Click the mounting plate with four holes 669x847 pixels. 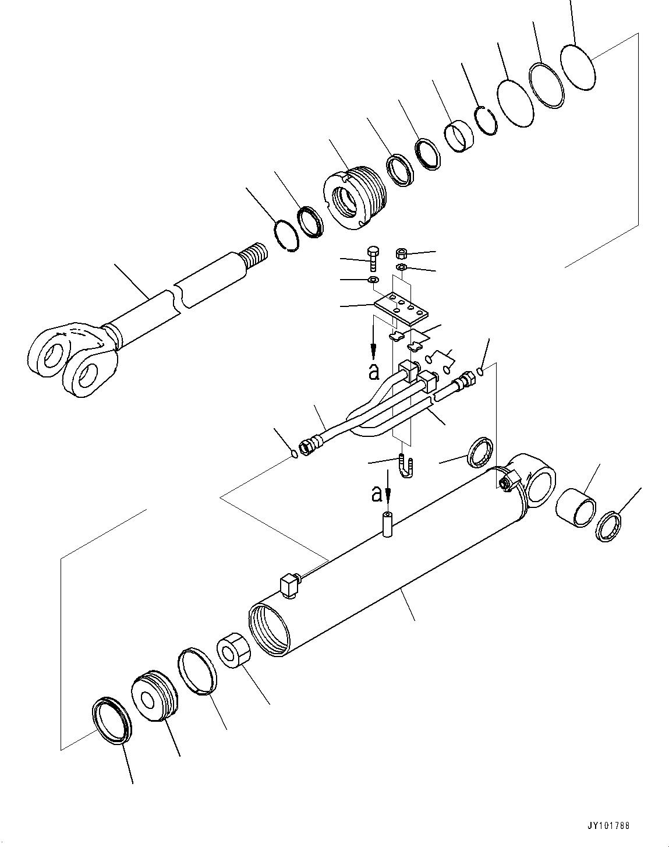coord(401,308)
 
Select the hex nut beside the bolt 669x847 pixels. coord(401,253)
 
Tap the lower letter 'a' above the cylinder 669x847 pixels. coord(377,494)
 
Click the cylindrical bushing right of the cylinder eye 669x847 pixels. coord(575,504)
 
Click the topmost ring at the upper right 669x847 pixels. coord(578,68)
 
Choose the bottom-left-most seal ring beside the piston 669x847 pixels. coord(112,719)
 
